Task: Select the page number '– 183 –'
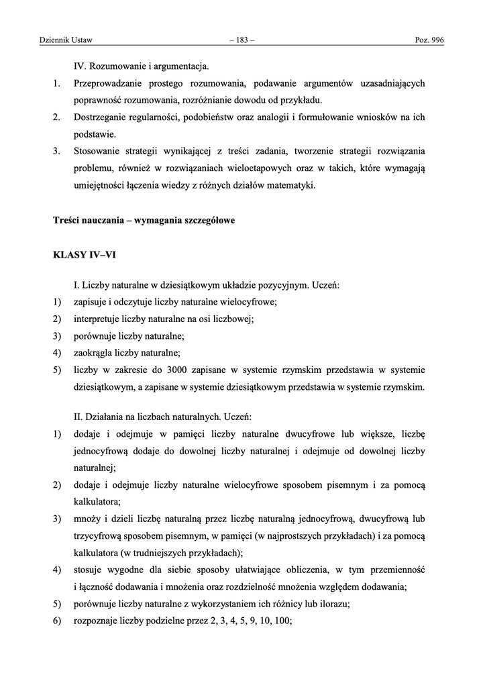[241, 41]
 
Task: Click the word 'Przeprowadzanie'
[107, 84]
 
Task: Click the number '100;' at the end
[283, 621]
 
